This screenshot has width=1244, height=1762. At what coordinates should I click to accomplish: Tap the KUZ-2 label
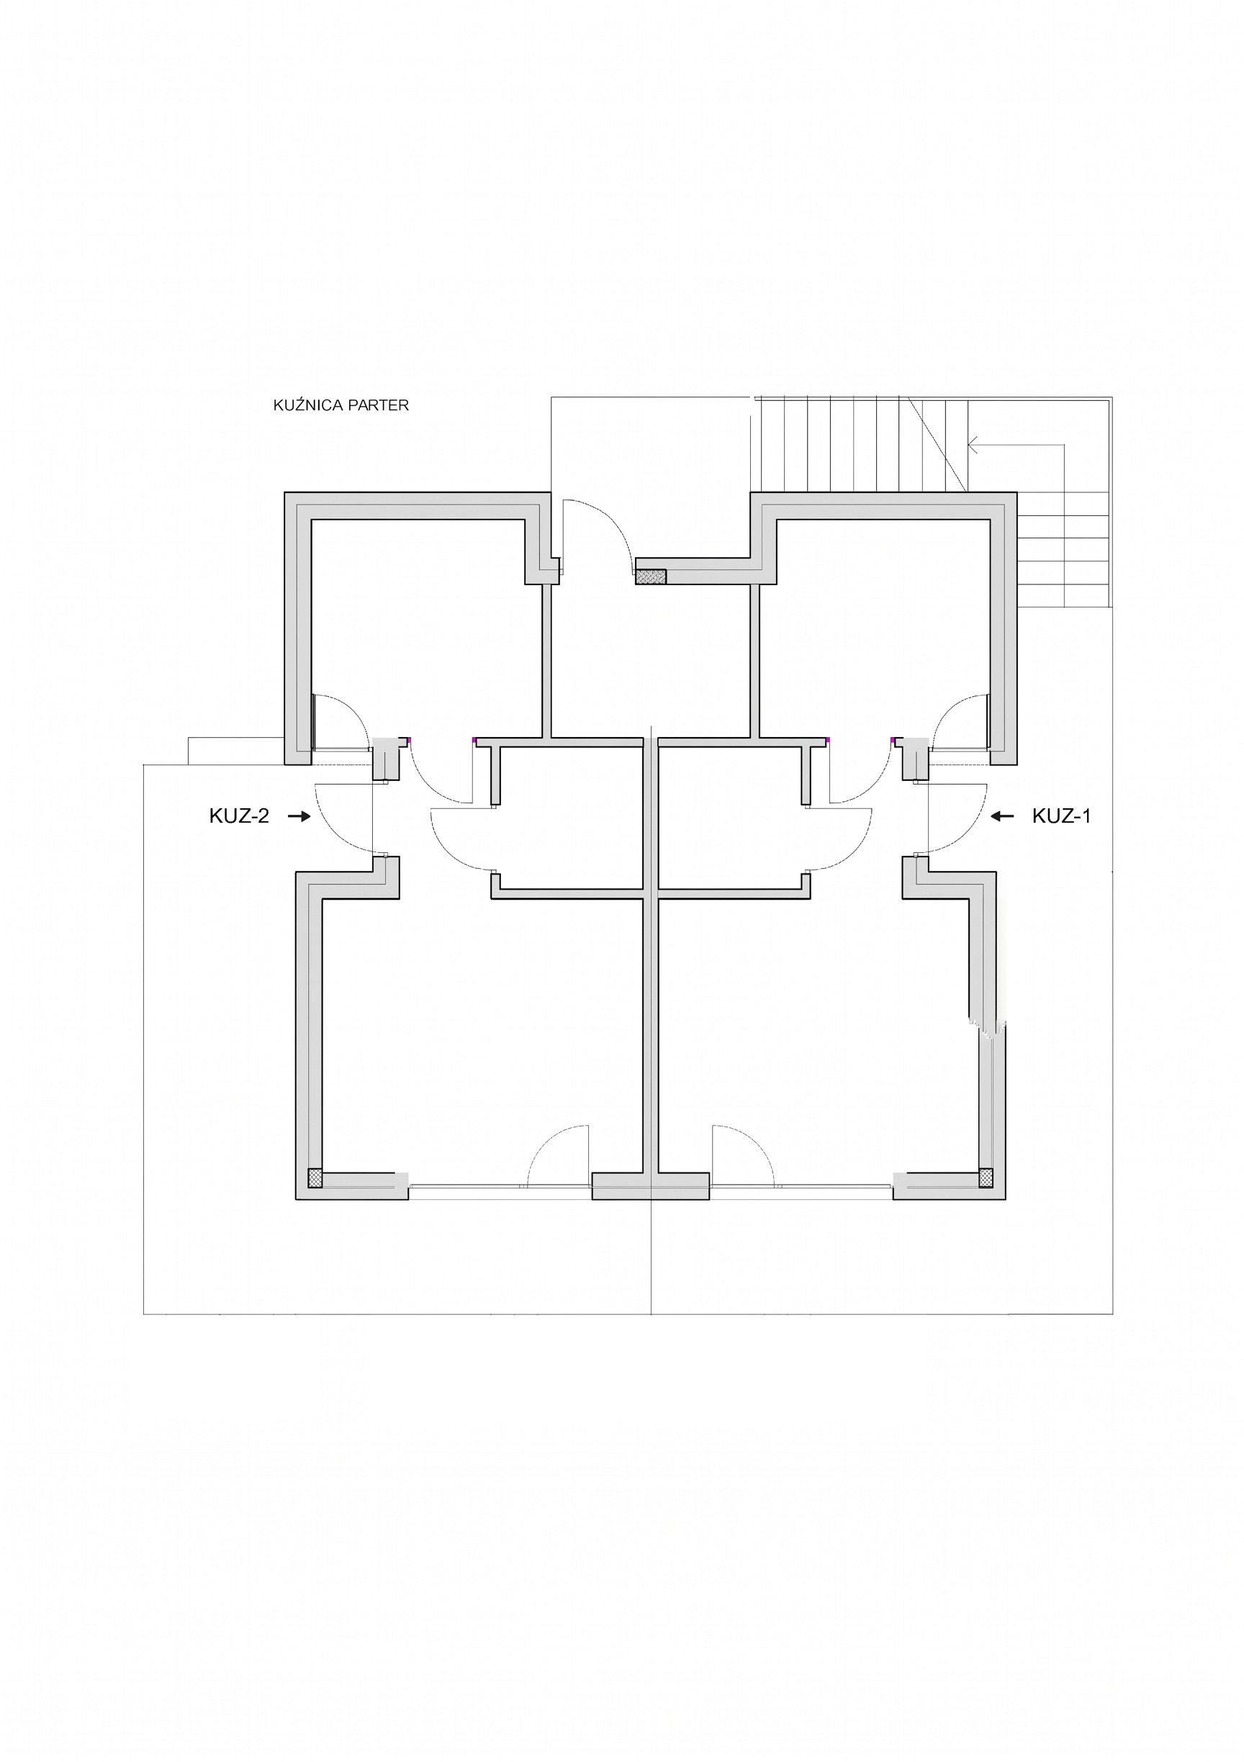point(240,816)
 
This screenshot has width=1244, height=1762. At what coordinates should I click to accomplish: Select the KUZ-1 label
point(1061,816)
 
